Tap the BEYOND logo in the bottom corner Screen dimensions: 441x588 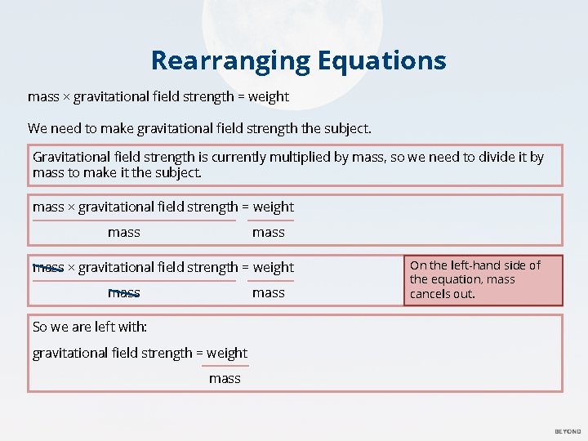(x=568, y=431)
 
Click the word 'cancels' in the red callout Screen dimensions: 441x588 (x=430, y=294)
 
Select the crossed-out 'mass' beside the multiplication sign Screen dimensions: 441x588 (x=48, y=267)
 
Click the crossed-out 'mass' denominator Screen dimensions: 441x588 (x=124, y=292)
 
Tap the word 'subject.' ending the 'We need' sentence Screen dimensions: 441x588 (x=349, y=128)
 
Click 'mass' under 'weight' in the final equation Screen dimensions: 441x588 (x=225, y=378)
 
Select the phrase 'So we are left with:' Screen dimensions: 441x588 (x=90, y=327)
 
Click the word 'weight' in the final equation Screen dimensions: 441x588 (x=227, y=353)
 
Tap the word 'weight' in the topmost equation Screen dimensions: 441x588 (x=269, y=96)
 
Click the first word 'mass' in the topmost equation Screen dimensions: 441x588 (x=43, y=96)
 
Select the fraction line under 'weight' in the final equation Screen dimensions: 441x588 (x=225, y=366)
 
